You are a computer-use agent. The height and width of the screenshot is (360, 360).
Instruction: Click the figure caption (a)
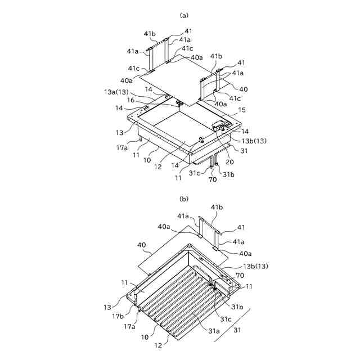183,16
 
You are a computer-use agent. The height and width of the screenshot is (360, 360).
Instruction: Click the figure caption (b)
183,199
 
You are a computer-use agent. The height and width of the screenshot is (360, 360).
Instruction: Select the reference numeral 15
242,110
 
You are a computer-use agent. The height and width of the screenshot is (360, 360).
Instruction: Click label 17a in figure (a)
122,147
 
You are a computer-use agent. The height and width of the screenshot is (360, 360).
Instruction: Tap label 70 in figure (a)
213,180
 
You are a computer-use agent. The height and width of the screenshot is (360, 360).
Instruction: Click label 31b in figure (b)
237,306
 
